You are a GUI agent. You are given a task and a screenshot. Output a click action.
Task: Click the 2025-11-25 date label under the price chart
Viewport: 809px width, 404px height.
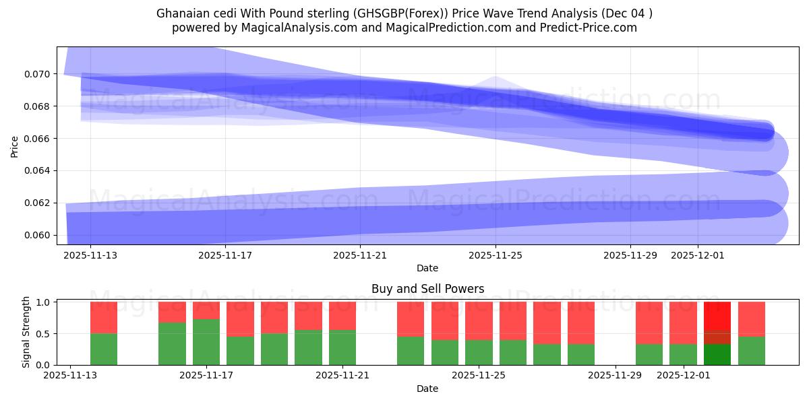tap(496, 255)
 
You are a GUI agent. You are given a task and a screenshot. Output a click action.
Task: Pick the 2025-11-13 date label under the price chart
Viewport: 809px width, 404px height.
tap(90, 255)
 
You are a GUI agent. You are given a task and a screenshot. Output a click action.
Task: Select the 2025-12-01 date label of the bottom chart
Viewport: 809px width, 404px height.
tap(684, 376)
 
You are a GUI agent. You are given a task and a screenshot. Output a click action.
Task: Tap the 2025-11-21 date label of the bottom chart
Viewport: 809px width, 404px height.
tap(343, 376)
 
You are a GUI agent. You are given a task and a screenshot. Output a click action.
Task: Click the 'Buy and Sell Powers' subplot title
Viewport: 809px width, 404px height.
tap(427, 289)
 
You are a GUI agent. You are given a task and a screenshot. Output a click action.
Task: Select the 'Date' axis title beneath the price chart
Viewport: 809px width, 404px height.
tap(427, 268)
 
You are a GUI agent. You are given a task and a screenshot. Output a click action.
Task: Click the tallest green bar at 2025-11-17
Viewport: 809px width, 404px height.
tap(206, 342)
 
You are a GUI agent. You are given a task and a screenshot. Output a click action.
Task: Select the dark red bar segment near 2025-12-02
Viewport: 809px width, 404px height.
tap(717, 337)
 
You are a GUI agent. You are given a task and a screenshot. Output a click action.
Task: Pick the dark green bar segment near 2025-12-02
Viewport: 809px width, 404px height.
tap(717, 354)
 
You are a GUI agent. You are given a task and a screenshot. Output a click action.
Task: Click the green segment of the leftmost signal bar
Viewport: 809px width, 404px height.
tap(104, 349)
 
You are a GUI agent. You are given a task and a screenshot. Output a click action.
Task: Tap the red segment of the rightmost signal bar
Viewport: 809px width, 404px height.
tap(752, 318)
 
